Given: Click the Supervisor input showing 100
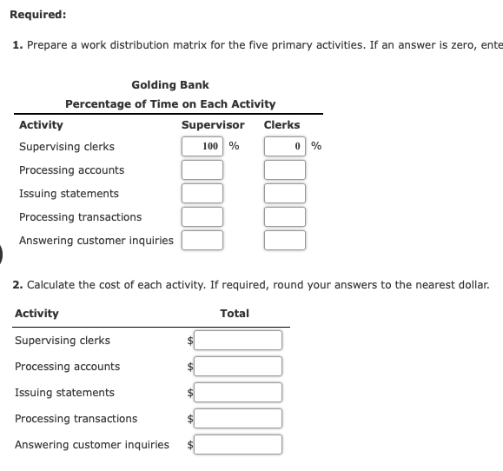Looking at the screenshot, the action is coord(202,147).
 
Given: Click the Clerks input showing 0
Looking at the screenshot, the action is coord(285,147).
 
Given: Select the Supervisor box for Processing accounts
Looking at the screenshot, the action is coord(202,170).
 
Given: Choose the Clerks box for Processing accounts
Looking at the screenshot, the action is coord(285,170).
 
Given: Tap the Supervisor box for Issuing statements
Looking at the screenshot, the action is coord(202,194).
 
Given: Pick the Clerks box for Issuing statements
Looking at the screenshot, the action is coord(285,194).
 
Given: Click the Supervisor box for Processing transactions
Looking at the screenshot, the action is coord(202,217).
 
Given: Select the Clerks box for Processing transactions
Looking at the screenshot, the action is coord(285,217).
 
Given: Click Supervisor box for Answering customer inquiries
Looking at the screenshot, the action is coord(202,241).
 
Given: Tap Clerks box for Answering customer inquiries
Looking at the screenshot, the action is coord(285,241).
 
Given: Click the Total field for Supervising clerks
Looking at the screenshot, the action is coord(238,341).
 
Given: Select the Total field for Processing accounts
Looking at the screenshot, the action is coord(238,367).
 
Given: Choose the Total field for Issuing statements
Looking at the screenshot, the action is coord(238,393).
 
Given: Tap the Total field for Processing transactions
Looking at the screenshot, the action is coord(238,419).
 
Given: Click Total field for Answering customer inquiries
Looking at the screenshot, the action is coord(238,445).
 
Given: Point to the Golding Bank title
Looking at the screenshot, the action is coord(170,84).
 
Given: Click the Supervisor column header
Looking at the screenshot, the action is coord(213,125).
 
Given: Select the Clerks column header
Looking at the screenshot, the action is coord(281,125).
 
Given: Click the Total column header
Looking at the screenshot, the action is coord(235,313).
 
